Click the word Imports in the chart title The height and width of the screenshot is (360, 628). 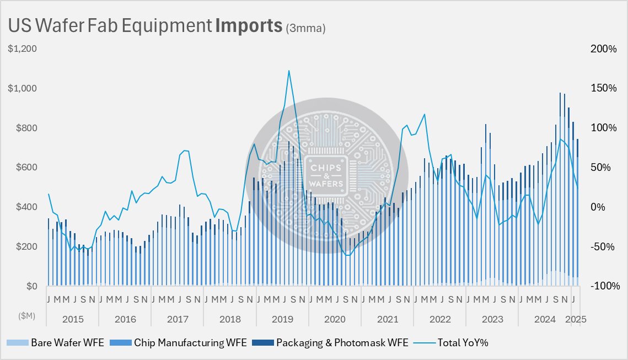(x=249, y=25)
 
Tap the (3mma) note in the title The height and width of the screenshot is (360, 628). (x=305, y=28)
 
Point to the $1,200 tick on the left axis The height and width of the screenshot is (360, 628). (x=23, y=49)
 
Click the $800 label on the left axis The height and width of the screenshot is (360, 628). (x=26, y=128)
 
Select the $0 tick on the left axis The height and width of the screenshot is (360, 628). (x=31, y=286)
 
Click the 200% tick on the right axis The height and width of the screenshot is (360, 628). (x=604, y=49)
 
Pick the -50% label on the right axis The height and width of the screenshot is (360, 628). (x=603, y=246)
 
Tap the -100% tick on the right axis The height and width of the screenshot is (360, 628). (x=605, y=286)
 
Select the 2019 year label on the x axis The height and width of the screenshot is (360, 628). (x=282, y=319)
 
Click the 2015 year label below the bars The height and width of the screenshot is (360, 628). (x=73, y=319)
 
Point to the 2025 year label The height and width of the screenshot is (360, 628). (x=576, y=319)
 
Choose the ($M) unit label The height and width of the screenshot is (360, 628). (x=26, y=315)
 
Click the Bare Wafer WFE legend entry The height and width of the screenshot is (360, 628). (x=55, y=343)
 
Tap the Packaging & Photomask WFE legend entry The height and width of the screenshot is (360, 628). (x=330, y=343)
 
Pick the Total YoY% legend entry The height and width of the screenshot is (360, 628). (x=451, y=343)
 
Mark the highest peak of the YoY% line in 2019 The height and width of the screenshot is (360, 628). (x=289, y=71)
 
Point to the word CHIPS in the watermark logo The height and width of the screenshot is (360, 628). (x=326, y=168)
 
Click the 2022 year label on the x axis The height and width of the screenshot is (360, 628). (x=440, y=319)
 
